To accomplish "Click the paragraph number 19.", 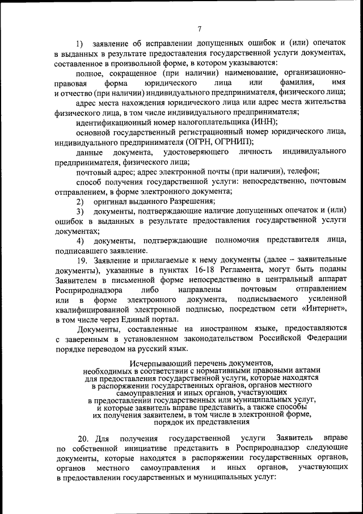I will click(x=82, y=260).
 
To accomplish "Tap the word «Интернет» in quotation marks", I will click(x=324, y=309).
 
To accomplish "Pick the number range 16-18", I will click(x=191, y=270).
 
